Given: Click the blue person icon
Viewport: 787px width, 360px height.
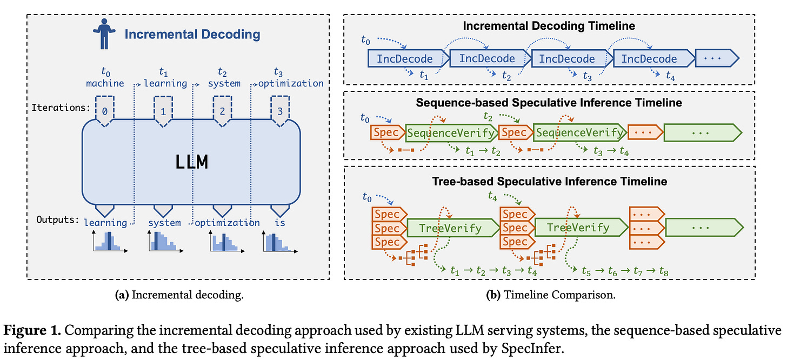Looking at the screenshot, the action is click(104, 34).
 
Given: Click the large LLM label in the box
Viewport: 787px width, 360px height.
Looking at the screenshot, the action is click(192, 162).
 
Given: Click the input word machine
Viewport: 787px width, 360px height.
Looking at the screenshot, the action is click(105, 83).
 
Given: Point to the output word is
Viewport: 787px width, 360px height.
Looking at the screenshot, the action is click(280, 223).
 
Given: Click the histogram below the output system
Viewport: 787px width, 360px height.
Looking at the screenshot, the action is click(165, 241).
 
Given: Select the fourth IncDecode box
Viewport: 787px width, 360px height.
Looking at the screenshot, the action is click(654, 59).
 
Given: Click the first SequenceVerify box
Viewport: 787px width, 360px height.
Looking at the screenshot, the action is click(452, 133).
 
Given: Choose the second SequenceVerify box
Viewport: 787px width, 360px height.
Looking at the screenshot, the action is click(580, 133).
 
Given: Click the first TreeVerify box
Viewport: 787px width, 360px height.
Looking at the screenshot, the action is click(453, 228).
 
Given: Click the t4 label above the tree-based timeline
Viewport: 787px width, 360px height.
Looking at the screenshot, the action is click(492, 196).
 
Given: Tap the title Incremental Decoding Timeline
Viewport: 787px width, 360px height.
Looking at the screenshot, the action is click(549, 25).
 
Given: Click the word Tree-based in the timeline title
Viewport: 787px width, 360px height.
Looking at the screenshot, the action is click(462, 181).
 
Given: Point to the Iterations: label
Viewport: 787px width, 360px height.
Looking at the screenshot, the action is click(61, 108).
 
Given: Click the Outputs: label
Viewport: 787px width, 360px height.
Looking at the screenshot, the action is click(58, 220).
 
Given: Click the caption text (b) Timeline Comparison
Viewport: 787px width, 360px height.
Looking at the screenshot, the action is click(551, 295).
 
